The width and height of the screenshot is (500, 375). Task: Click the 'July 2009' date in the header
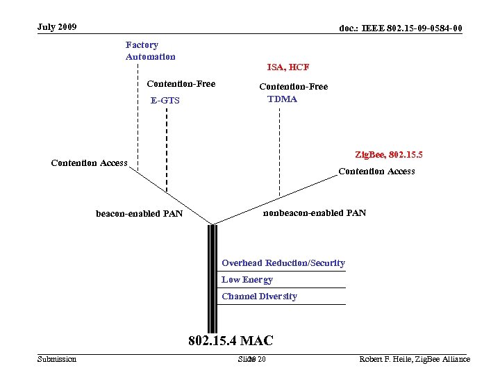(x=58, y=27)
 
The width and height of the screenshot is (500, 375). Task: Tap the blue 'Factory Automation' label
(x=151, y=51)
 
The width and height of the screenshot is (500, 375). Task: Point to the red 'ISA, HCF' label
(x=288, y=67)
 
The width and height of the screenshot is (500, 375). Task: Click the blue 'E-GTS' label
(x=165, y=101)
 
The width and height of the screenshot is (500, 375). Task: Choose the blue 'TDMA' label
(x=282, y=99)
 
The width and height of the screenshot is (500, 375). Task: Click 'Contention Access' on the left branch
(x=90, y=163)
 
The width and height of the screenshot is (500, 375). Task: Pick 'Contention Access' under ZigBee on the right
(x=376, y=171)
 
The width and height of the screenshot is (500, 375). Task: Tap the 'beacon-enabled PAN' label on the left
(x=140, y=213)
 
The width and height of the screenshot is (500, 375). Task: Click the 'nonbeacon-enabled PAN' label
(x=315, y=212)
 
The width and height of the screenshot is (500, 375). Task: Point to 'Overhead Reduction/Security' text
(x=283, y=262)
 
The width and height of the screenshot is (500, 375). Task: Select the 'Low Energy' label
(x=247, y=279)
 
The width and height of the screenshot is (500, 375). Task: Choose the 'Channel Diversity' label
(x=260, y=296)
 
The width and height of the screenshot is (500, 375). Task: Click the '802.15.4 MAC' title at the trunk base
(x=231, y=340)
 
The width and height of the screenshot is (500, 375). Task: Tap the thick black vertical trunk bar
(x=212, y=278)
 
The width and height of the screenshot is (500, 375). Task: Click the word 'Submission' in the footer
(x=57, y=359)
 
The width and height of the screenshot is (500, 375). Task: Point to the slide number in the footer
(x=251, y=359)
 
